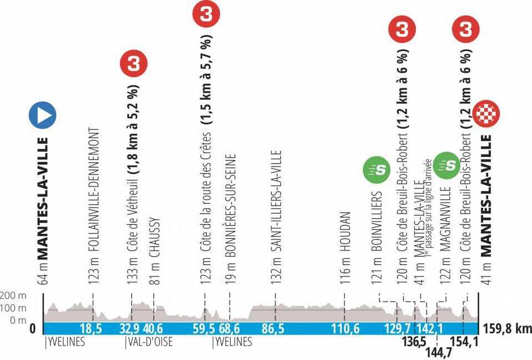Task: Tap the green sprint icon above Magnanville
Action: point(447,166)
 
